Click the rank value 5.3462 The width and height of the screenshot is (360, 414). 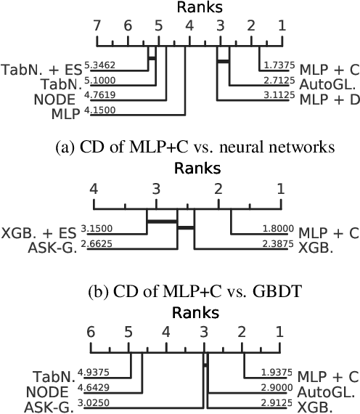pyautogui.click(x=99, y=65)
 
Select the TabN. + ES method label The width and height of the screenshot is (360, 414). pyautogui.click(x=41, y=70)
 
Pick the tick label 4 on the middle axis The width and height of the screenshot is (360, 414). pyautogui.click(x=93, y=188)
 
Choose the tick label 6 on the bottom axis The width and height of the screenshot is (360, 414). pyautogui.click(x=91, y=332)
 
